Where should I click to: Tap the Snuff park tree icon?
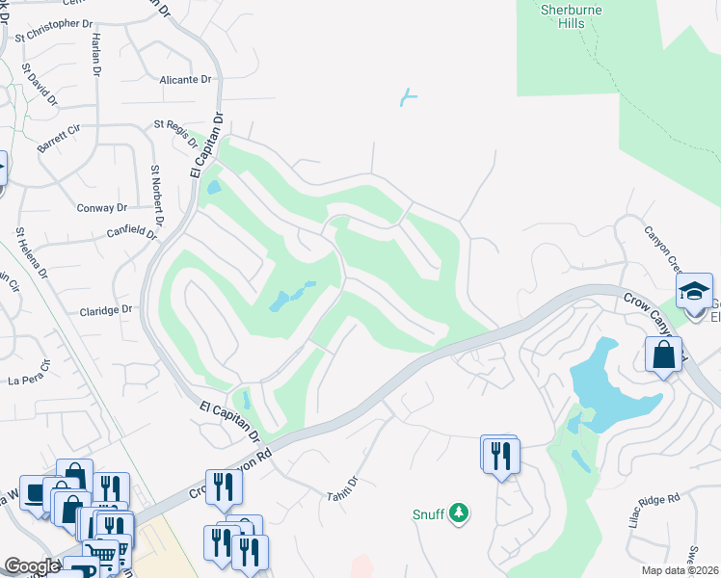461,513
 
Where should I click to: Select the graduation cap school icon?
694,290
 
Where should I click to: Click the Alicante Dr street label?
186,80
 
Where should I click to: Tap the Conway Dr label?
102,207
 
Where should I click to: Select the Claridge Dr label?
106,310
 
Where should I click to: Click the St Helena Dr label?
30,253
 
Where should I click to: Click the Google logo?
32,566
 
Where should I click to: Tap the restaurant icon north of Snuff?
498,455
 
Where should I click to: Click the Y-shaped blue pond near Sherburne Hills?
410,96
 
